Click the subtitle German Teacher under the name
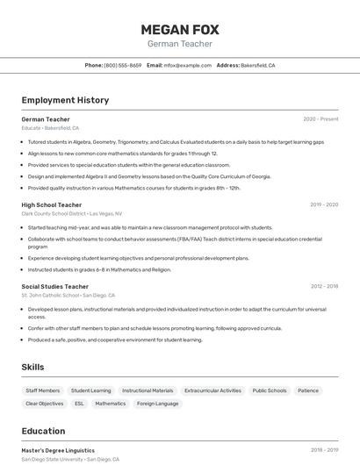[x=179, y=44]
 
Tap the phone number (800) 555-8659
[x=123, y=65]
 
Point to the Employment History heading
[x=65, y=100]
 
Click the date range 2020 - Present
[x=320, y=119]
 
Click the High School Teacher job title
[x=52, y=204]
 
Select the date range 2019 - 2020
[x=324, y=204]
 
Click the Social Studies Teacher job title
[x=55, y=286]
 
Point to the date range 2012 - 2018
[x=324, y=286]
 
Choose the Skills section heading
[x=33, y=367]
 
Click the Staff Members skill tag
[x=43, y=390]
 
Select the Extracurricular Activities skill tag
[x=212, y=390]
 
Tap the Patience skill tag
[x=308, y=390]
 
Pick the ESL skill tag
[x=79, y=404]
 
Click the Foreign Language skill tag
[x=157, y=404]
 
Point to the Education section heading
[x=43, y=431]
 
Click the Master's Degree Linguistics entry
[x=58, y=450]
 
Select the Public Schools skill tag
[x=270, y=390]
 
